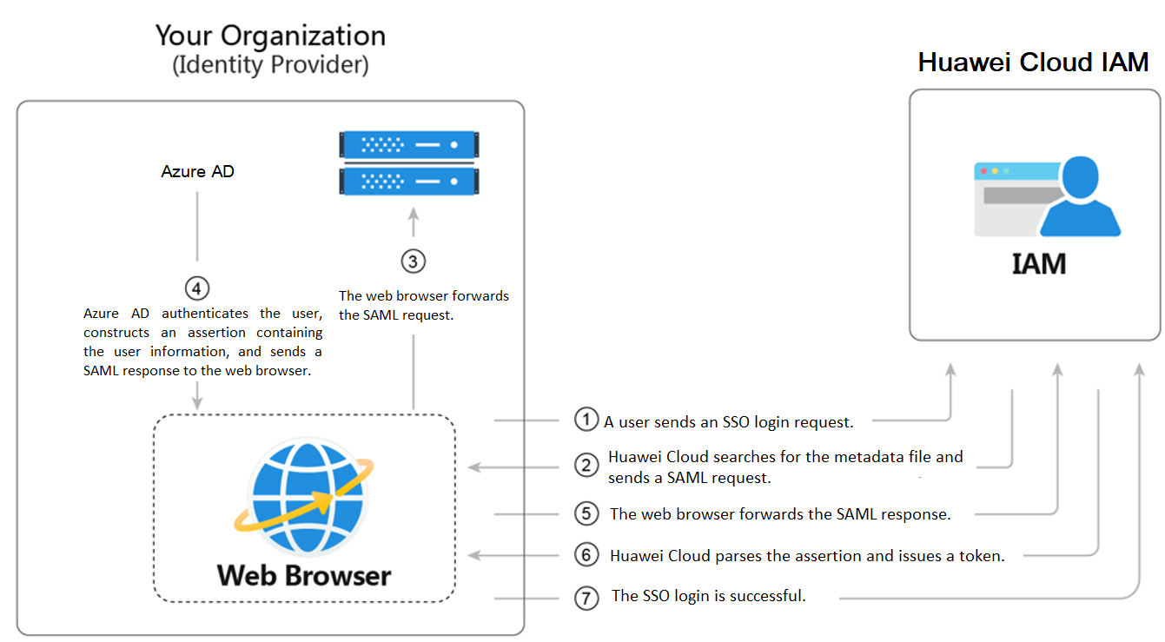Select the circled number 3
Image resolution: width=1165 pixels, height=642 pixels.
coord(414,261)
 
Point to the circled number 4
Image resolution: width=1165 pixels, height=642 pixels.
coord(198,288)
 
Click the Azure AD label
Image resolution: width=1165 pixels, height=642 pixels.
coord(197,171)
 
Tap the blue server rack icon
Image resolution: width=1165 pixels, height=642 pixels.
coord(409,162)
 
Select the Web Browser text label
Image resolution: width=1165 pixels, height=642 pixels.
coord(304,575)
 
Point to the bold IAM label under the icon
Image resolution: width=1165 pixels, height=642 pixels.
coord(1038,263)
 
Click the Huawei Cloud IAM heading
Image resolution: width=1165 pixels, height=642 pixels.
coord(1033,63)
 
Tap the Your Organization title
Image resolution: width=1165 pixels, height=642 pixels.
coord(270,36)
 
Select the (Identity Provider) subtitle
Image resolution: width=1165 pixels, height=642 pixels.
coord(270,65)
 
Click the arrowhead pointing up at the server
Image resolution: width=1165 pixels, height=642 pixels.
coord(414,214)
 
